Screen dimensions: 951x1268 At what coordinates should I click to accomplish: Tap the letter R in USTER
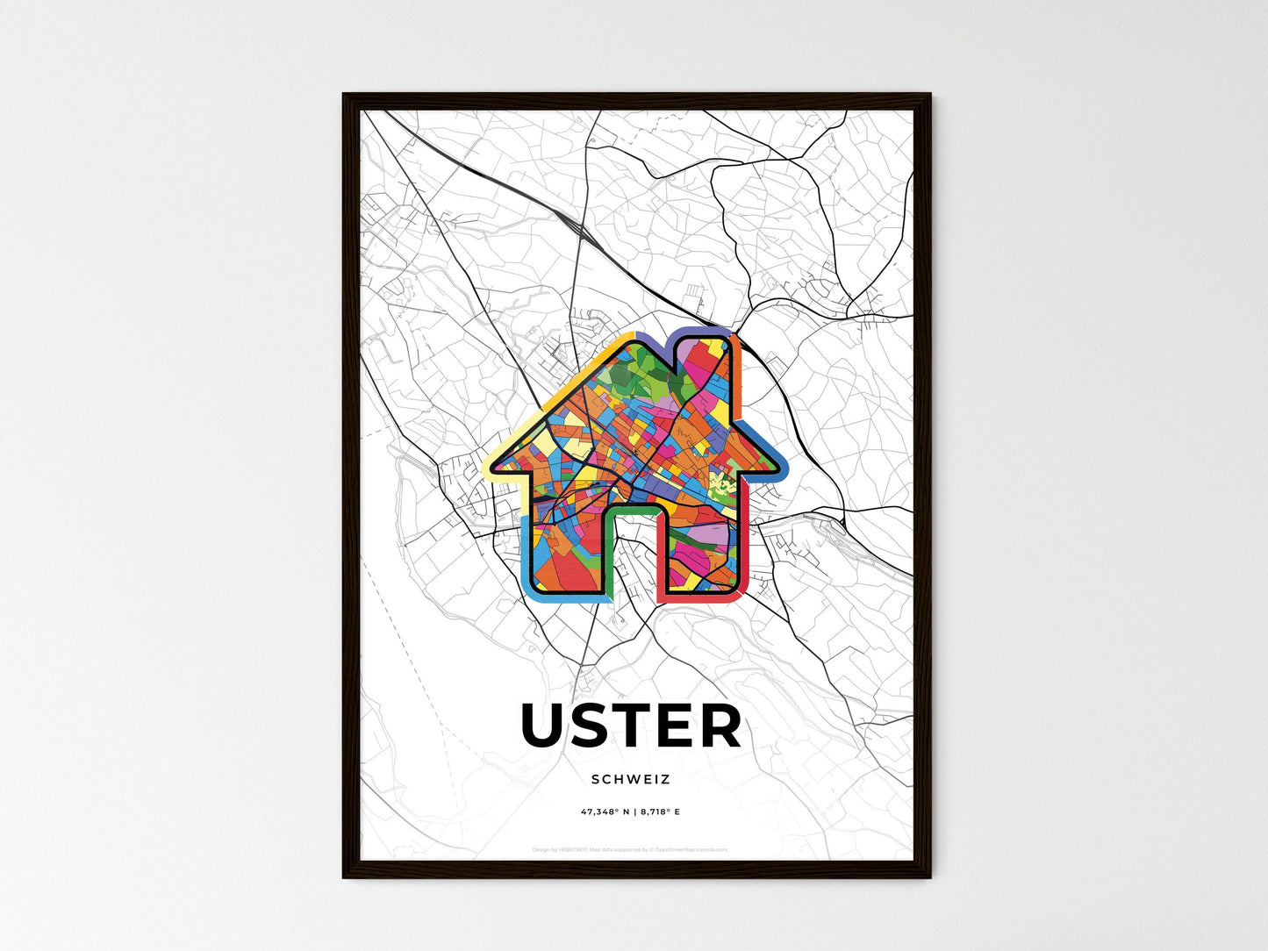click(x=720, y=726)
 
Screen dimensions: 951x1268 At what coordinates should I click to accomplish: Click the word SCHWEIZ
click(x=630, y=779)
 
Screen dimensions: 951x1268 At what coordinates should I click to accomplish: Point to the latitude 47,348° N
click(x=605, y=812)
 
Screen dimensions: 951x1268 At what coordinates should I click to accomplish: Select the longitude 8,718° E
click(x=660, y=812)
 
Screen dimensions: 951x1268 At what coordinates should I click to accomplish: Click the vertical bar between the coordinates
click(x=634, y=812)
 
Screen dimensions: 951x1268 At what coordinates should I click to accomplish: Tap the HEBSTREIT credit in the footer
click(x=571, y=849)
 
